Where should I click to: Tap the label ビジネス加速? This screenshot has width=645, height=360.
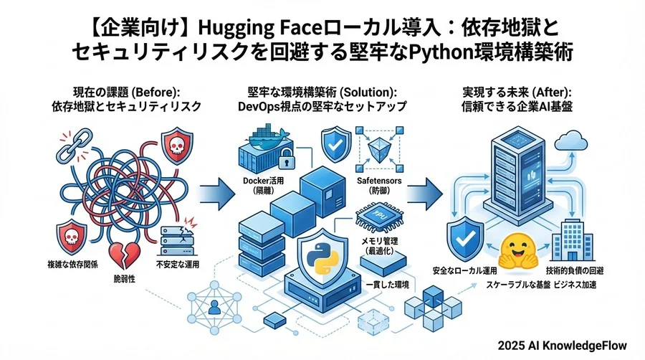click(578, 285)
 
